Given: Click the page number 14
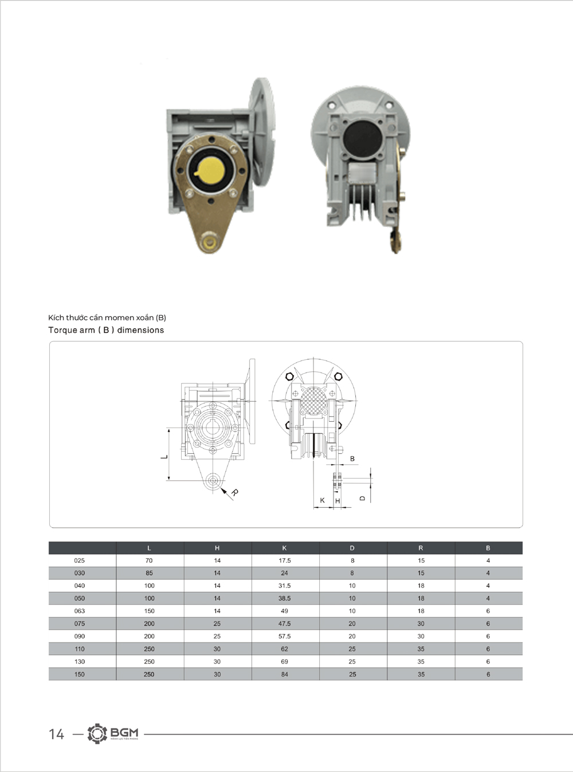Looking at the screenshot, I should click(56, 734).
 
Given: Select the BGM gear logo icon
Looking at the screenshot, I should click(97, 734).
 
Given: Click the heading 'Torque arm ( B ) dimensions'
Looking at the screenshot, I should click(106, 330).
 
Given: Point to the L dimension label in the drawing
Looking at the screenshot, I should click(164, 457).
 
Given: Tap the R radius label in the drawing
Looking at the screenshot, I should click(235, 492).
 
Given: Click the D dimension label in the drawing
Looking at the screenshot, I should click(363, 498).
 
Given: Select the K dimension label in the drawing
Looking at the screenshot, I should click(322, 500).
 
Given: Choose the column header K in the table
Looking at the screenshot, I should click(284, 548).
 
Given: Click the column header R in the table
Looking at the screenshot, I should click(421, 548).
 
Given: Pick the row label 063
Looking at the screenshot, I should click(80, 611).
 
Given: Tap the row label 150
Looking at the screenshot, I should click(80, 675).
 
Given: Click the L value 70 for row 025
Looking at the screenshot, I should click(149, 561).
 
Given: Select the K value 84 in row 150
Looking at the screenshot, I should click(284, 675).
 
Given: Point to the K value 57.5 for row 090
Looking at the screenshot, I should click(284, 636).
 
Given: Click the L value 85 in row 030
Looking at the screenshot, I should click(149, 573).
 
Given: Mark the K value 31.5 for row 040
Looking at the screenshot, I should click(284, 586).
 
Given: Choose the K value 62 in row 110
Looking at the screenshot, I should click(284, 649).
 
